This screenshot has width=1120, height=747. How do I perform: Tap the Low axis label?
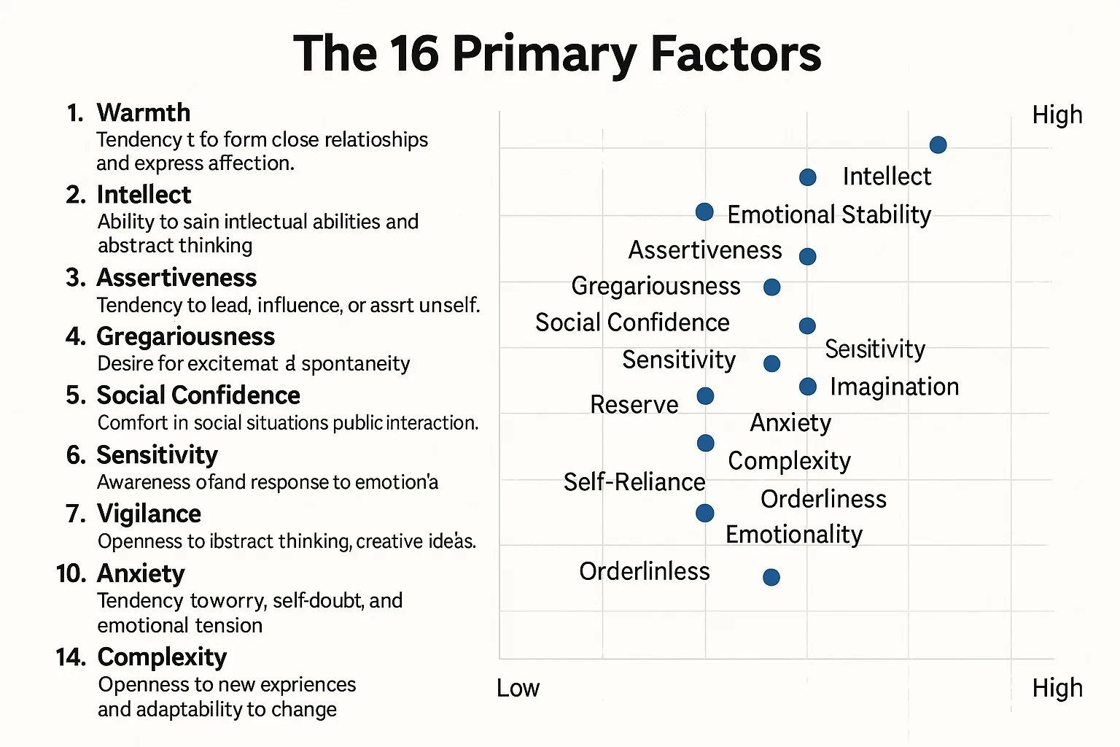click(518, 688)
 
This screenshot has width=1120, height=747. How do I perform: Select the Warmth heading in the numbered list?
click(143, 113)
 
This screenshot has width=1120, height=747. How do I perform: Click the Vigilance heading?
click(149, 514)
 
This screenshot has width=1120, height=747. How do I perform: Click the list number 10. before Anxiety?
click(71, 574)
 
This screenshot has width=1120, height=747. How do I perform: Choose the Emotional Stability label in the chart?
click(829, 214)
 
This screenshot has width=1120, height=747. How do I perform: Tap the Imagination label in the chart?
click(894, 387)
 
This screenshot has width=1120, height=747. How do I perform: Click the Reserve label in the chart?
click(634, 405)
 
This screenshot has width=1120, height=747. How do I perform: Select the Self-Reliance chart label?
click(634, 482)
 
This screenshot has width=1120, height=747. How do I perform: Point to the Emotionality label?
click(794, 535)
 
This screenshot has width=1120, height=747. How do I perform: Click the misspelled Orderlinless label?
click(644, 571)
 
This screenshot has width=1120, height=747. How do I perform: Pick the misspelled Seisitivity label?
click(875, 349)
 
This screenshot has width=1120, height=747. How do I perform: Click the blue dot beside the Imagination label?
click(807, 387)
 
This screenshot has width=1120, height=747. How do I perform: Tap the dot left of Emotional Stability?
click(704, 212)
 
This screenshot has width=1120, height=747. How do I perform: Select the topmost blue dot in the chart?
click(938, 144)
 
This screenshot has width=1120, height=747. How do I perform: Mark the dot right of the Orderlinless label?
click(771, 577)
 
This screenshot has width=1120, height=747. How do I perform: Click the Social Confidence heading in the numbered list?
click(198, 395)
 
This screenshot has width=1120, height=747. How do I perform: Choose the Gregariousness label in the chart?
click(656, 286)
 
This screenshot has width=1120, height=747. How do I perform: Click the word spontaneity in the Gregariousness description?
click(356, 363)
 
